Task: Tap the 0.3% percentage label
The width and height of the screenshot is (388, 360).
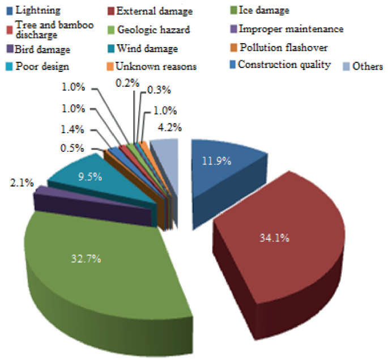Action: coord(157,90)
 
